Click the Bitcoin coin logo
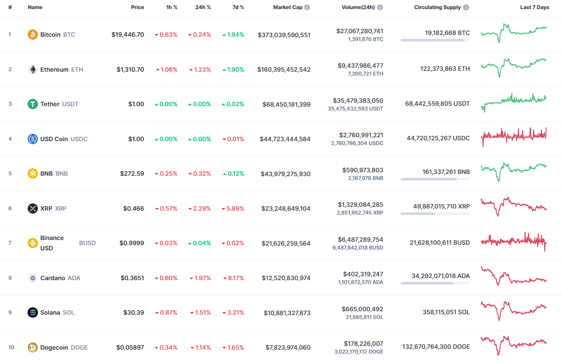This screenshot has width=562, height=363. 33,35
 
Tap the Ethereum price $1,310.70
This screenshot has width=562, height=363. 130,69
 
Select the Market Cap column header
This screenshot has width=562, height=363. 288,7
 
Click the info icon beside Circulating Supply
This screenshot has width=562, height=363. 466,7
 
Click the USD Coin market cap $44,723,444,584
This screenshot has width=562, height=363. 285,139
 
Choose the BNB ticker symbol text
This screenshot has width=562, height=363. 61,174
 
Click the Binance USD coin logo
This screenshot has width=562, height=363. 33,243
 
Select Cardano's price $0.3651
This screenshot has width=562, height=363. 132,278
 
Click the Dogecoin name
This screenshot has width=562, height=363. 54,347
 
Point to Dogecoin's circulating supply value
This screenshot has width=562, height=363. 436,347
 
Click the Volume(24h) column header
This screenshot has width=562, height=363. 358,7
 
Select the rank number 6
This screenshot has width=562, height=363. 10,208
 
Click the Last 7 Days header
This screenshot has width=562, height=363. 534,7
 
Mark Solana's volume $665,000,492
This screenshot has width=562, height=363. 362,309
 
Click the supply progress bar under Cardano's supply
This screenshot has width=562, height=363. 435,283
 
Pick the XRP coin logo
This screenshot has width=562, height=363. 33,208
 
